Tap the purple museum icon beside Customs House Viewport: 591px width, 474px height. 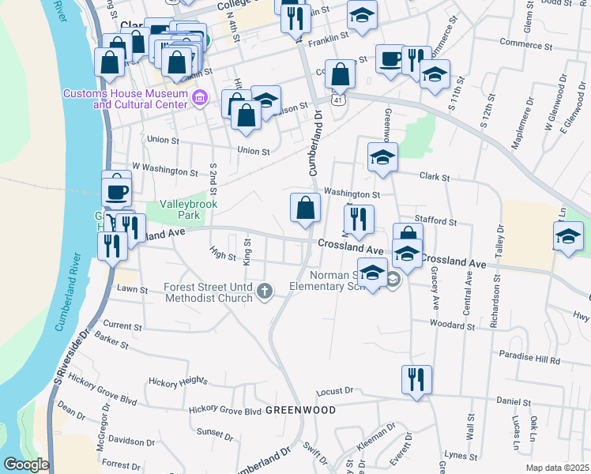pos(198,100)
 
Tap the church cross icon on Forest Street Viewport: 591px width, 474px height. pos(265,293)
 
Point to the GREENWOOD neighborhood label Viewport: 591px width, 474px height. pos(300,411)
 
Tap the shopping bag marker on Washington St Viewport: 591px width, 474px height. pos(305,209)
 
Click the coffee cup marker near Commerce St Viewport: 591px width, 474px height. pos(390,59)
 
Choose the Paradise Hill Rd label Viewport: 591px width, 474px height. pos(529,359)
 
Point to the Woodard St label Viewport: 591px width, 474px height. pos(451,324)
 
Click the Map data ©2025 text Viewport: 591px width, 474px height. pos(557,468)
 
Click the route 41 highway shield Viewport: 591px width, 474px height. pos(337,100)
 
